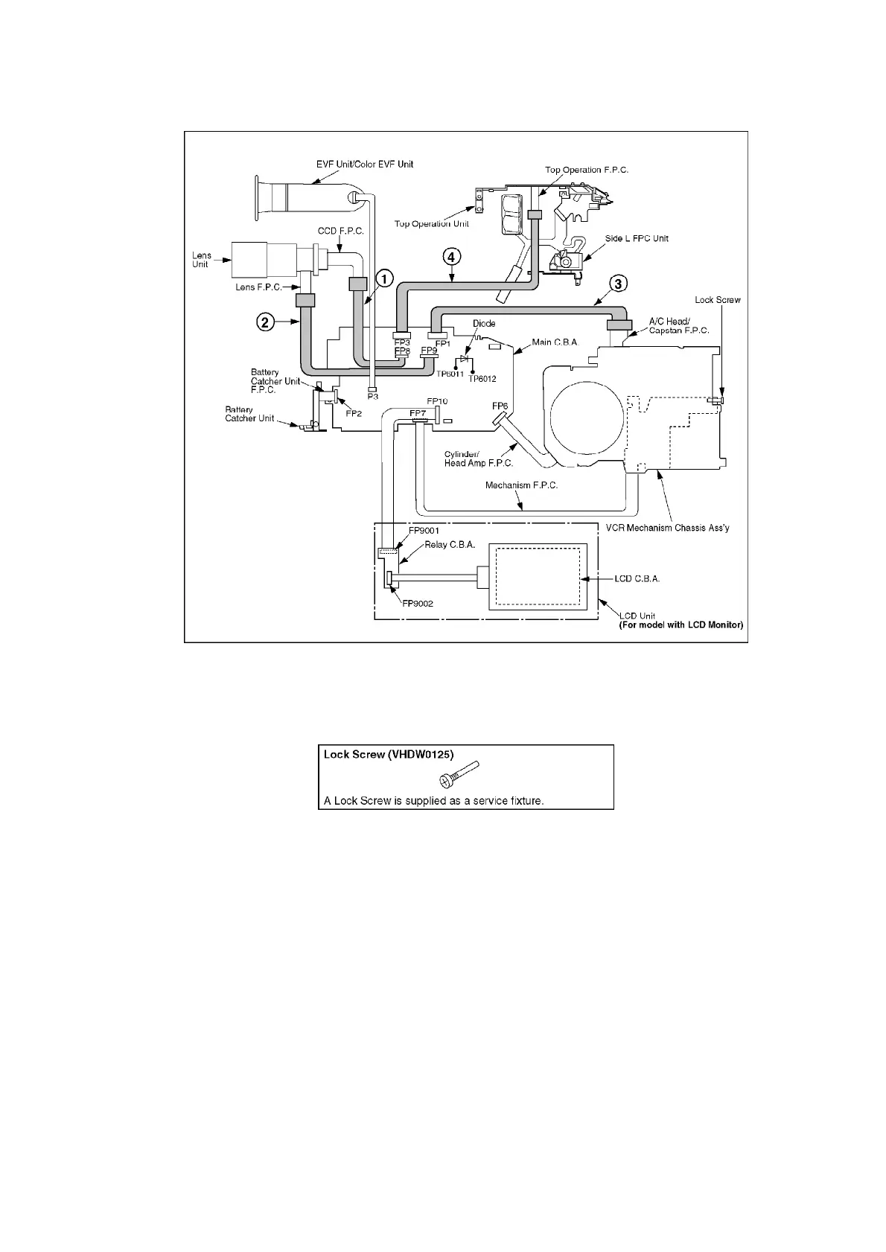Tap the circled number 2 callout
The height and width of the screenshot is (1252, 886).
[x=264, y=322]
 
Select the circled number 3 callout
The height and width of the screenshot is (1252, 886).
[x=618, y=284]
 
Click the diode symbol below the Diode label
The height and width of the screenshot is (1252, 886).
[x=465, y=359]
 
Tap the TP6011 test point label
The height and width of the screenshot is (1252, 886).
[x=450, y=374]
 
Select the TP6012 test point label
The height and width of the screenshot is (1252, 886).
[x=482, y=379]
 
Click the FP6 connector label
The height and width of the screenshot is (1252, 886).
[x=500, y=406]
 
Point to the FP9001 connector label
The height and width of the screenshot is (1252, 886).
[x=424, y=531]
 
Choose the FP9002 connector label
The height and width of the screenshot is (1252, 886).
[x=418, y=603]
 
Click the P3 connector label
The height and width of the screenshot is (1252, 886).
[x=373, y=397]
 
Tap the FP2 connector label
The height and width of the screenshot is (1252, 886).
[x=354, y=413]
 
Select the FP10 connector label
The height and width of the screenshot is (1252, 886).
[x=437, y=401]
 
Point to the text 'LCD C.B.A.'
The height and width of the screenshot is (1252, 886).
[x=637, y=578]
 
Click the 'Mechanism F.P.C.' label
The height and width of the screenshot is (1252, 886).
[x=521, y=485]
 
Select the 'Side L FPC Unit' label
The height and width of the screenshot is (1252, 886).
[x=637, y=238]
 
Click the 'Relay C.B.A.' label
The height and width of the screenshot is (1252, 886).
[x=450, y=545]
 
